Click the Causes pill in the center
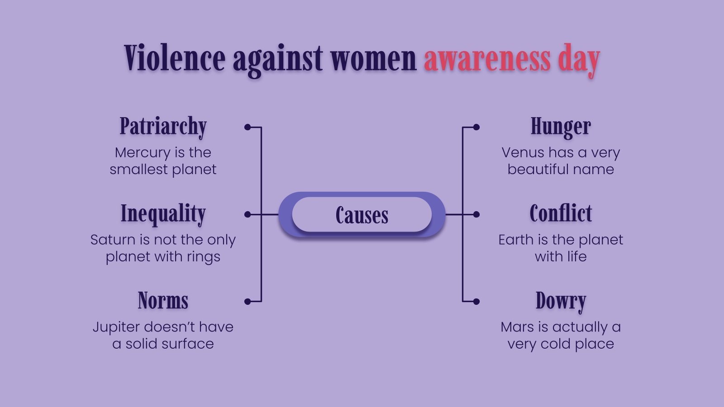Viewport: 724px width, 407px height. pyautogui.click(x=362, y=215)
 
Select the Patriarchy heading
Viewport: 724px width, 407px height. pyautogui.click(x=163, y=127)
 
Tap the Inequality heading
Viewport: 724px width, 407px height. pyautogui.click(x=163, y=213)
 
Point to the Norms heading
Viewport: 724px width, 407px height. pyautogui.click(x=163, y=301)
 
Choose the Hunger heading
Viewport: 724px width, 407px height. pyautogui.click(x=561, y=127)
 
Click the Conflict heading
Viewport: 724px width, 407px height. pyautogui.click(x=561, y=213)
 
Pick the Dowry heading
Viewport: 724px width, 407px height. pyautogui.click(x=561, y=301)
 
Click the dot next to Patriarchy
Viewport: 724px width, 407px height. pyautogui.click(x=248, y=128)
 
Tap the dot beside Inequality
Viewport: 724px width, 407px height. pyautogui.click(x=248, y=214)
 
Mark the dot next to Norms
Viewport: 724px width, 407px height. pyautogui.click(x=248, y=302)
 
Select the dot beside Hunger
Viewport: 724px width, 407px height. pyautogui.click(x=476, y=128)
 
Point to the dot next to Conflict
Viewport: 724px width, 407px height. pyautogui.click(x=476, y=214)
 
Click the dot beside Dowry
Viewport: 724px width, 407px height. pyautogui.click(x=476, y=302)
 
